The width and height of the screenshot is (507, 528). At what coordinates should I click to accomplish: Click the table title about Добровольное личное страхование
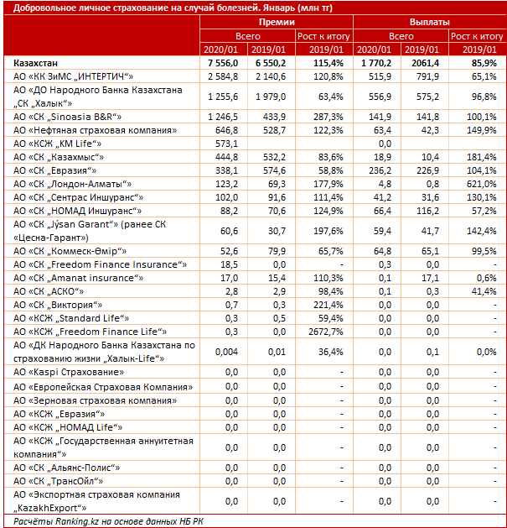click(173, 8)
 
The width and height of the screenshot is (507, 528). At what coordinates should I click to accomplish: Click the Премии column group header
click(277, 22)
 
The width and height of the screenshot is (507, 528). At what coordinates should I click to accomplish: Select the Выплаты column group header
click(429, 22)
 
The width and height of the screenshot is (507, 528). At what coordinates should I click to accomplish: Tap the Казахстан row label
click(36, 63)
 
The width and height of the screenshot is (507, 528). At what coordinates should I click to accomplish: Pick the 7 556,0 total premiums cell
click(223, 63)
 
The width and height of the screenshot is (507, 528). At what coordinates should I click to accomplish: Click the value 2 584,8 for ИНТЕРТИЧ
click(223, 76)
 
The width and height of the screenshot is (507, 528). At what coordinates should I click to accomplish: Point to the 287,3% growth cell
click(329, 117)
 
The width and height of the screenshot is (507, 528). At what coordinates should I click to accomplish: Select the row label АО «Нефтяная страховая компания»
click(95, 130)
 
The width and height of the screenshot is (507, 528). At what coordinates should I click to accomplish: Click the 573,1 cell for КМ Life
click(226, 144)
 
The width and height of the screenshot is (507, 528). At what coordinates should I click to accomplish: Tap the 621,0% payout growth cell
click(482, 184)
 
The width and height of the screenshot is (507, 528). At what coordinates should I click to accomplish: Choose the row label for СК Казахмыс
click(59, 157)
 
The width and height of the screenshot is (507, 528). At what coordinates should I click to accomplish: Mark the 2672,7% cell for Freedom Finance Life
click(326, 332)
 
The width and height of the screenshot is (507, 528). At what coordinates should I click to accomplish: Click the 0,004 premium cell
click(226, 352)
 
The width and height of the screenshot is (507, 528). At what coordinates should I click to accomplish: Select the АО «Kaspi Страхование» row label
click(69, 372)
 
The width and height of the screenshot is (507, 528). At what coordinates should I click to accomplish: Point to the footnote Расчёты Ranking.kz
click(108, 521)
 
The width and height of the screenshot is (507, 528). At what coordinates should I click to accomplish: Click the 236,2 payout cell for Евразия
click(380, 170)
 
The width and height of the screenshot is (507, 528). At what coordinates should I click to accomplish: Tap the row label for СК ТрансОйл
click(58, 481)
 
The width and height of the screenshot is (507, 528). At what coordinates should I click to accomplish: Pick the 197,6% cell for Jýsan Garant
click(329, 231)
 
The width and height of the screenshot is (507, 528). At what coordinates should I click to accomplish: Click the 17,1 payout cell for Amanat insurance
click(430, 278)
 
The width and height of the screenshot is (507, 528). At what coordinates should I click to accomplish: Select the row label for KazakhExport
click(96, 501)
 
